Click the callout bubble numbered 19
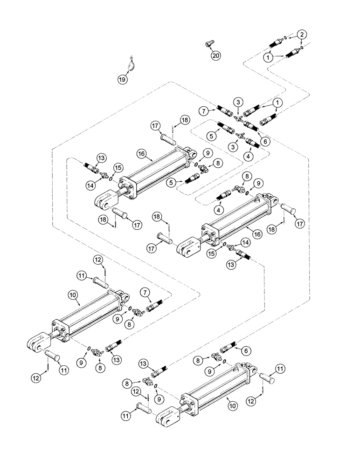coord(121,79)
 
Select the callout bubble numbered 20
coord(215,55)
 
